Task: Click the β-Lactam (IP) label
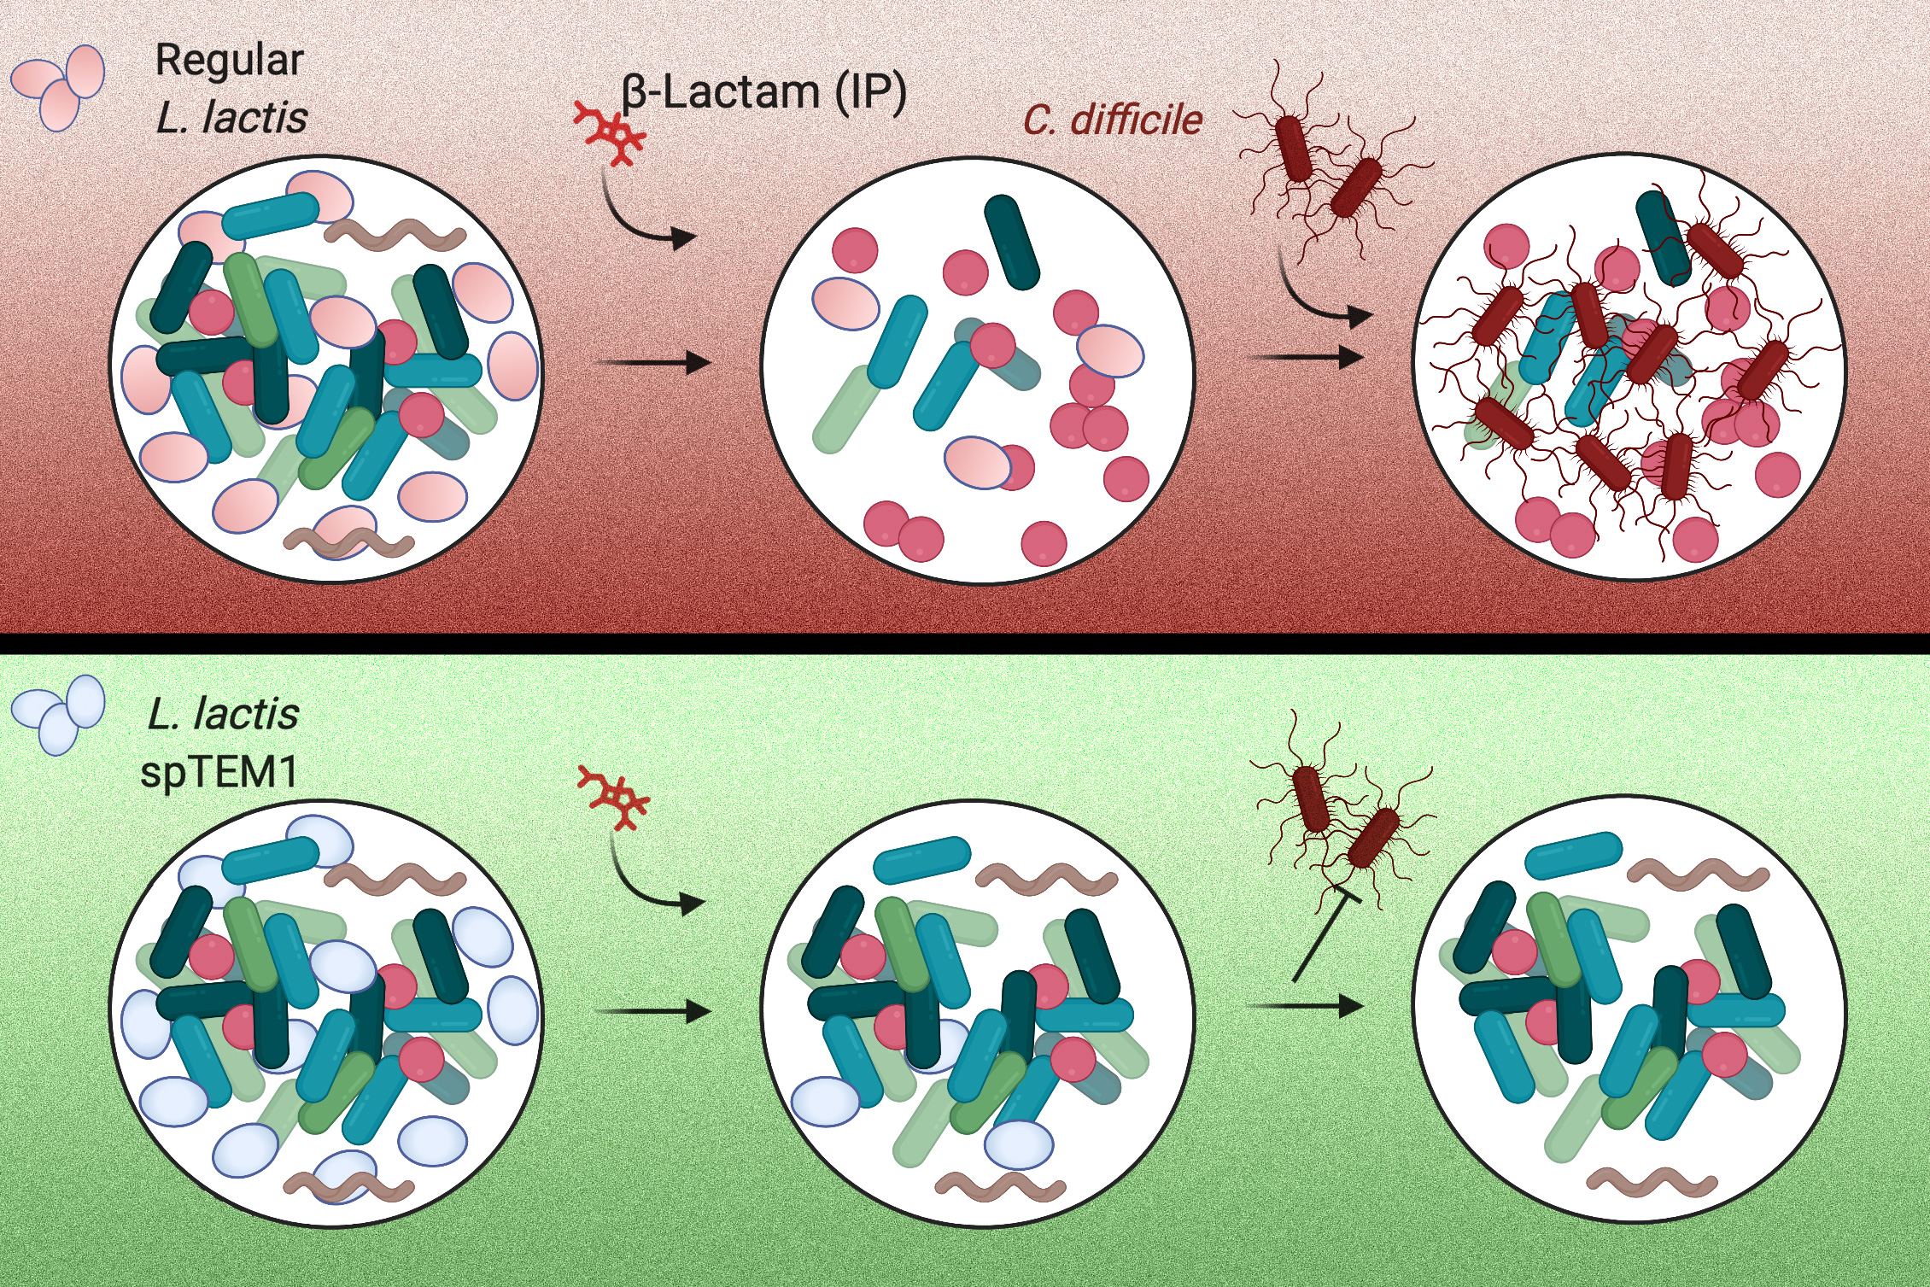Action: click(x=763, y=92)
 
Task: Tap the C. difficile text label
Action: click(x=1112, y=120)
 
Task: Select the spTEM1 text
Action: click(x=219, y=773)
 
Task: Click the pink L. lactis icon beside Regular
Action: click(x=58, y=87)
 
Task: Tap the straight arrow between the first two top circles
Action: click(x=654, y=363)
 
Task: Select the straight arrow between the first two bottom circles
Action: click(x=654, y=1012)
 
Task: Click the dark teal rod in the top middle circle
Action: click(x=1012, y=242)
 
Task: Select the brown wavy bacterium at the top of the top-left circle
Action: click(x=395, y=233)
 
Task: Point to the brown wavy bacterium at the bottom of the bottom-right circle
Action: click(x=1652, y=1182)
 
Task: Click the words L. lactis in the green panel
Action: click(x=224, y=714)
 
